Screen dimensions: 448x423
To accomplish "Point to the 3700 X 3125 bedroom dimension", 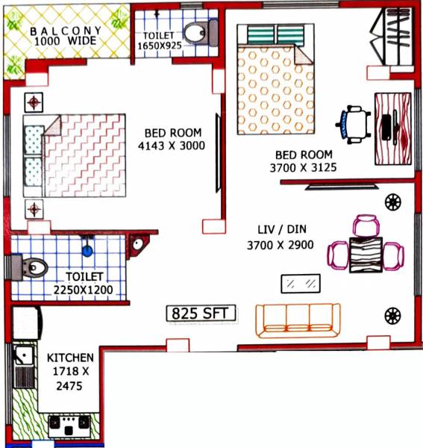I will click(303, 169).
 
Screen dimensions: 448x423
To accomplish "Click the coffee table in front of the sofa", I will click(301, 284).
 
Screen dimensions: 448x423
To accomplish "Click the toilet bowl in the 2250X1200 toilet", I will click(30, 267).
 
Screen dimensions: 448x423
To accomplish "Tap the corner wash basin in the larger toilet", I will click(137, 243).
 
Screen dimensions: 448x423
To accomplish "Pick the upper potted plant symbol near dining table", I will click(392, 201).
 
